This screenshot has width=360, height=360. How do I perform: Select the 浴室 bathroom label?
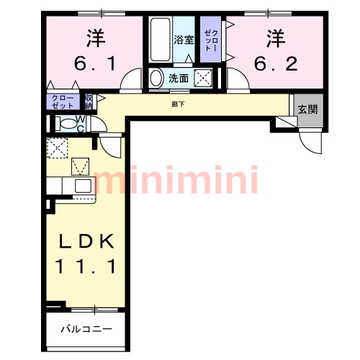coord(183,40)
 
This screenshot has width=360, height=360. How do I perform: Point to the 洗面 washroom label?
coord(178,78)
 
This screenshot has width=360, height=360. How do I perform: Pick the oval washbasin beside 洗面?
coord(156,78)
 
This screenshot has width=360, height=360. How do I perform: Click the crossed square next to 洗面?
coord(204,78)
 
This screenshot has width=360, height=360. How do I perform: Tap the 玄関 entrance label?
coord(307,110)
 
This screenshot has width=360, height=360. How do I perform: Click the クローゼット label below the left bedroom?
coord(62,102)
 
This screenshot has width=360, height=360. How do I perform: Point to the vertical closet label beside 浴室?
coord(209,40)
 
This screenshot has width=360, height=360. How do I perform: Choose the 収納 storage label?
coord(89,101)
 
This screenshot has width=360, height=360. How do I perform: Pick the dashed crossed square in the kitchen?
coord(57,148)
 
